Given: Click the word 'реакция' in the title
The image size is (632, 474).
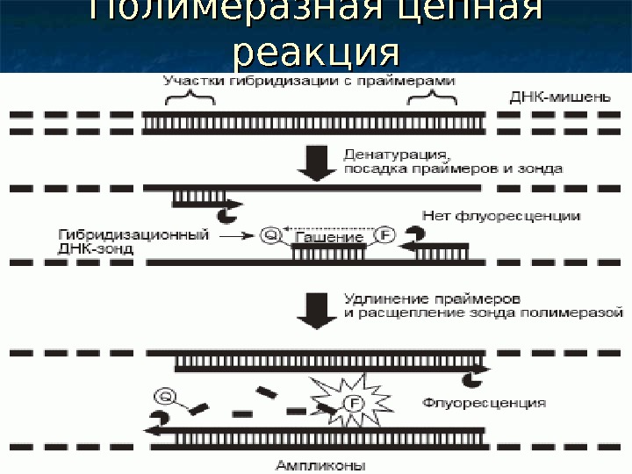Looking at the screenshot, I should click(x=315, y=53).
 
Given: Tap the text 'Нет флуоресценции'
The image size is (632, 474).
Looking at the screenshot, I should click(x=500, y=215).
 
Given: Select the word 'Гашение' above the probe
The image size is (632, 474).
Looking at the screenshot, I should click(x=330, y=237).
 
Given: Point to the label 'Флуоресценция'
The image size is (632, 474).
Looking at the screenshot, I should click(x=484, y=403).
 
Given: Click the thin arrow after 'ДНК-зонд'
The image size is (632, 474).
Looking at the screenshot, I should click(x=237, y=236).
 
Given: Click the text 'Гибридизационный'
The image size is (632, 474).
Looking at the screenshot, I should click(x=133, y=234).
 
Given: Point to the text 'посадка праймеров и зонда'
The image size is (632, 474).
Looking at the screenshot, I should click(x=453, y=168).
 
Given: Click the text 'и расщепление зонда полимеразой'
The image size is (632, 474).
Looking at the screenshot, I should click(x=484, y=312).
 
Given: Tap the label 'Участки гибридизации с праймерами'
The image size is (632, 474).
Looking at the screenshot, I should click(x=309, y=80).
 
